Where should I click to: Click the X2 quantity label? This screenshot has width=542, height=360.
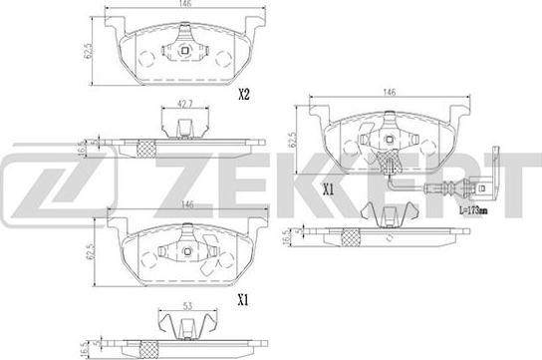(x=244, y=94)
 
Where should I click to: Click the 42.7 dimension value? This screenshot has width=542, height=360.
(x=185, y=104)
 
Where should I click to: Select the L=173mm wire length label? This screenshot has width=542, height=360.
(x=473, y=210)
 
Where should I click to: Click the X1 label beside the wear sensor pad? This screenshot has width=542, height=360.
(x=328, y=189)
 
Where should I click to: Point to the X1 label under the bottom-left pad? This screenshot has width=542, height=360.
(x=243, y=301)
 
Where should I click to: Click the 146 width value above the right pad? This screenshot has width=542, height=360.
(x=390, y=92)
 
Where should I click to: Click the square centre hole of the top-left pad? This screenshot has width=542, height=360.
(x=184, y=51)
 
